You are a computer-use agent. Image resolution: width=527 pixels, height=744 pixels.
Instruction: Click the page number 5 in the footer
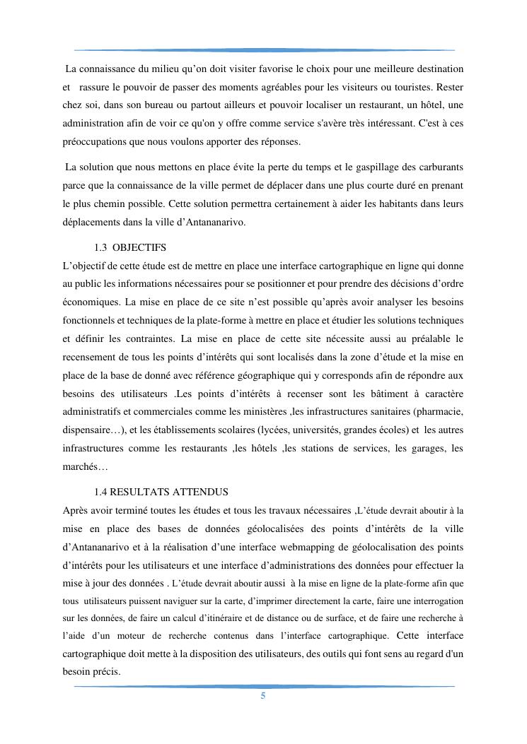click(x=263, y=696)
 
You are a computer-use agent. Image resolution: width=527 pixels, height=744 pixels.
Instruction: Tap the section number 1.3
click(x=100, y=247)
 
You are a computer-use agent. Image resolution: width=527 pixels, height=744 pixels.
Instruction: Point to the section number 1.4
click(x=100, y=492)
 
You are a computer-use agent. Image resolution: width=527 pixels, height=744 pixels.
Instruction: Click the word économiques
click(x=91, y=302)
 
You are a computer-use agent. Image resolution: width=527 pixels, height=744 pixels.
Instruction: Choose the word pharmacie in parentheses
click(x=439, y=411)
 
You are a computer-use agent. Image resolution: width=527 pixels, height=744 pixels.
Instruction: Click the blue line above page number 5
click(x=263, y=686)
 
